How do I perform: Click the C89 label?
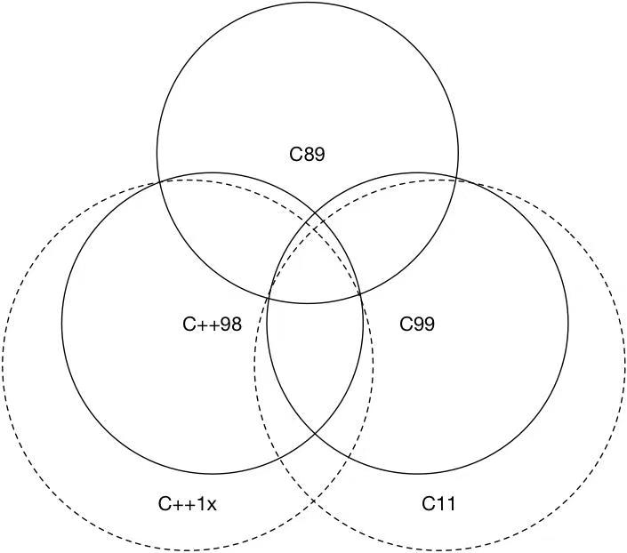pyautogui.click(x=307, y=155)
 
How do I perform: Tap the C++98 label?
pyautogui.click(x=212, y=324)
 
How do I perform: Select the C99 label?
pyautogui.click(x=417, y=324)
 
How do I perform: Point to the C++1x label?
pyautogui.click(x=188, y=504)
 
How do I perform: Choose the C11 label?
pyautogui.click(x=438, y=503)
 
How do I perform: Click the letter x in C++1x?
pyautogui.click(x=212, y=506)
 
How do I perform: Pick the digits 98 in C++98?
pyautogui.click(x=230, y=324)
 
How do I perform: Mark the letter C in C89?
pyautogui.click(x=296, y=155)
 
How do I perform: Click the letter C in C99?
pyautogui.click(x=406, y=324)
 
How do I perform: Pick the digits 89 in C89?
pyautogui.click(x=314, y=155)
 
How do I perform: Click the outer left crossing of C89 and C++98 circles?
pyautogui.click(x=160, y=182)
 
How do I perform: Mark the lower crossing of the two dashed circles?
pyautogui.click(x=314, y=501)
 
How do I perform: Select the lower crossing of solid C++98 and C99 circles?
pyautogui.click(x=315, y=433)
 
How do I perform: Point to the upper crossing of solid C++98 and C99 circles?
pyautogui.click(x=315, y=215)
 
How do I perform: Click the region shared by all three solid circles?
pyautogui.click(x=315, y=264)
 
